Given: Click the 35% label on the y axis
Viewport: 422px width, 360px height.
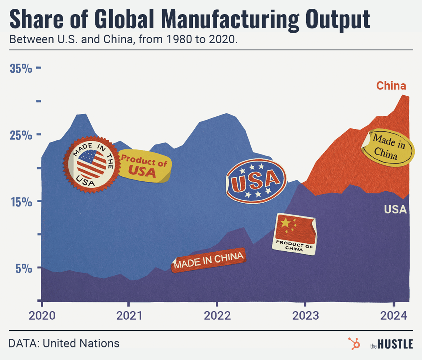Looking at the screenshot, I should pos(21,68).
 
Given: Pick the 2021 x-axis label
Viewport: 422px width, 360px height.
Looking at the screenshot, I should pos(129,315).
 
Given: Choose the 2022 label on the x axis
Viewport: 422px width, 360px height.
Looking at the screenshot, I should pos(217,315).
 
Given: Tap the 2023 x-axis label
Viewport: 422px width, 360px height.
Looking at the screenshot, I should pos(306,315).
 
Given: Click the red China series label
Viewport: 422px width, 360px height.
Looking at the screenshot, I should pos(391,86).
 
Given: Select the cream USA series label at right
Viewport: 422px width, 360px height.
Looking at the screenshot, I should pos(395,209).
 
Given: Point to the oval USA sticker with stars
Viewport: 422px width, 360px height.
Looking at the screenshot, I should pos(255,181).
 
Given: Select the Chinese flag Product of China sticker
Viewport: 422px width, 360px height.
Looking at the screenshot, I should pos(295,234).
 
